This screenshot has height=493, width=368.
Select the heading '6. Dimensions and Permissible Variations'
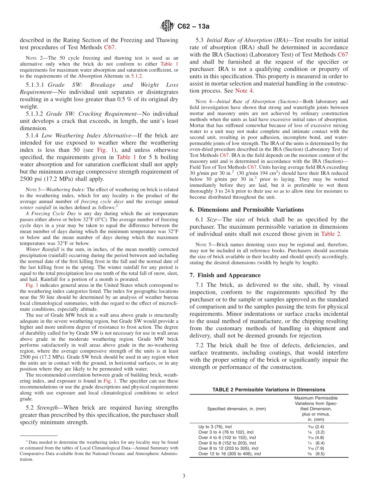[247, 210]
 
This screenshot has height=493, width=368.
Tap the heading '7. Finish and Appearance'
[225, 275]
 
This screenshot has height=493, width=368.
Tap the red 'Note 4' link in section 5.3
[244, 91]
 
